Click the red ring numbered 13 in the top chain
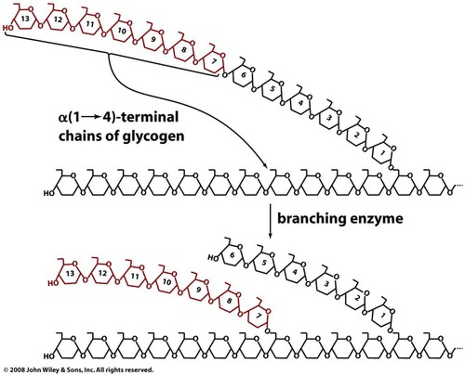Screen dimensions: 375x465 coord(25,19)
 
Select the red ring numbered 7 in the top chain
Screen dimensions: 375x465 coord(213,61)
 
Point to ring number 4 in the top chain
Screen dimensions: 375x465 coord(300,103)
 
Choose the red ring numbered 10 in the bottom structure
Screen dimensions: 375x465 coord(167,282)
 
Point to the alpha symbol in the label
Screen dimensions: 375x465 coord(62,117)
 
